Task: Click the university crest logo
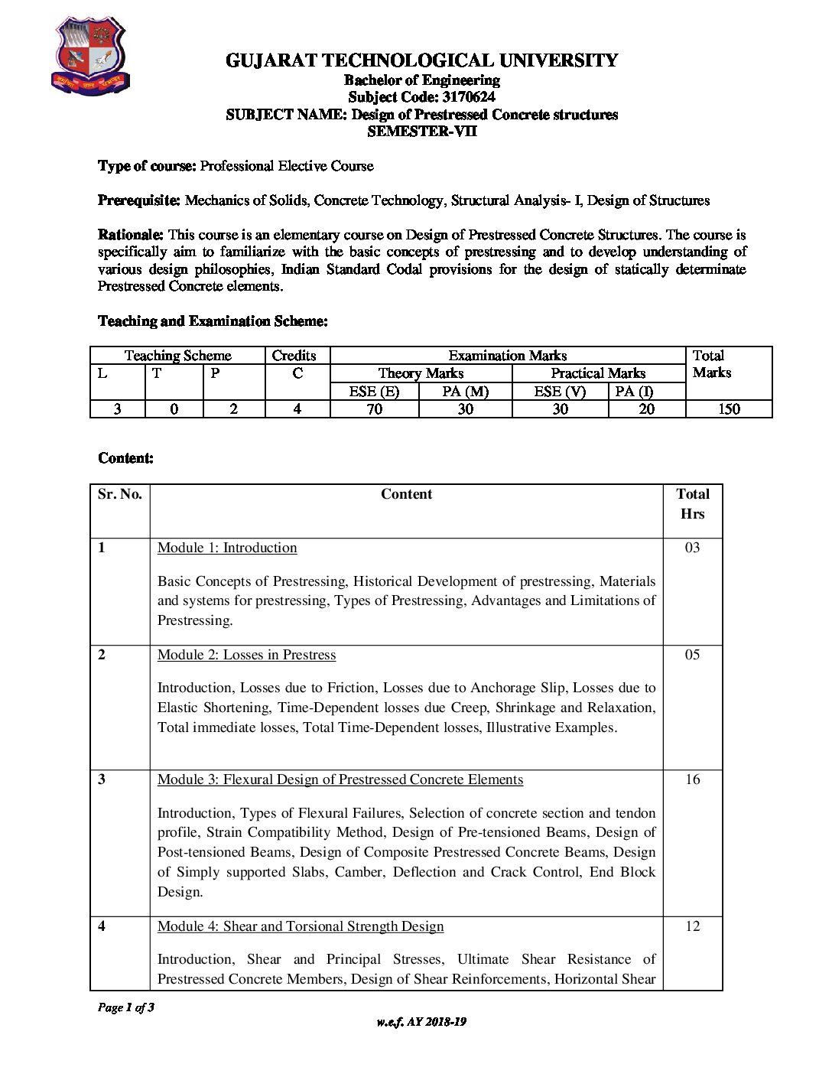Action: tap(90, 57)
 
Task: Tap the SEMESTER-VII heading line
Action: tap(421, 131)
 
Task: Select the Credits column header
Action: tap(294, 356)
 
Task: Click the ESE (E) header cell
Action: tap(374, 391)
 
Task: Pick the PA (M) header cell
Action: tap(465, 391)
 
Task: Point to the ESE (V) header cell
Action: tap(560, 391)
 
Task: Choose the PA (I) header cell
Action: tap(635, 391)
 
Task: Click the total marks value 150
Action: tap(729, 408)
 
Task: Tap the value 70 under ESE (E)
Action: tap(374, 408)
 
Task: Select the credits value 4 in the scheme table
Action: tap(297, 408)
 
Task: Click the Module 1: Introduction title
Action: tap(227, 548)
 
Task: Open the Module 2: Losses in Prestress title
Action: tap(246, 655)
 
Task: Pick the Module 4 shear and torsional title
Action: tap(301, 926)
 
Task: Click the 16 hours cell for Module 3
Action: tap(692, 779)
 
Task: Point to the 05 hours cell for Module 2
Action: tap(692, 655)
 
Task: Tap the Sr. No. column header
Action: tap(120, 494)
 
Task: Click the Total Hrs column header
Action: tap(692, 504)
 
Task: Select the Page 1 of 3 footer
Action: tap(126, 1007)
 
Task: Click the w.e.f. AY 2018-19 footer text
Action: tap(421, 1022)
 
